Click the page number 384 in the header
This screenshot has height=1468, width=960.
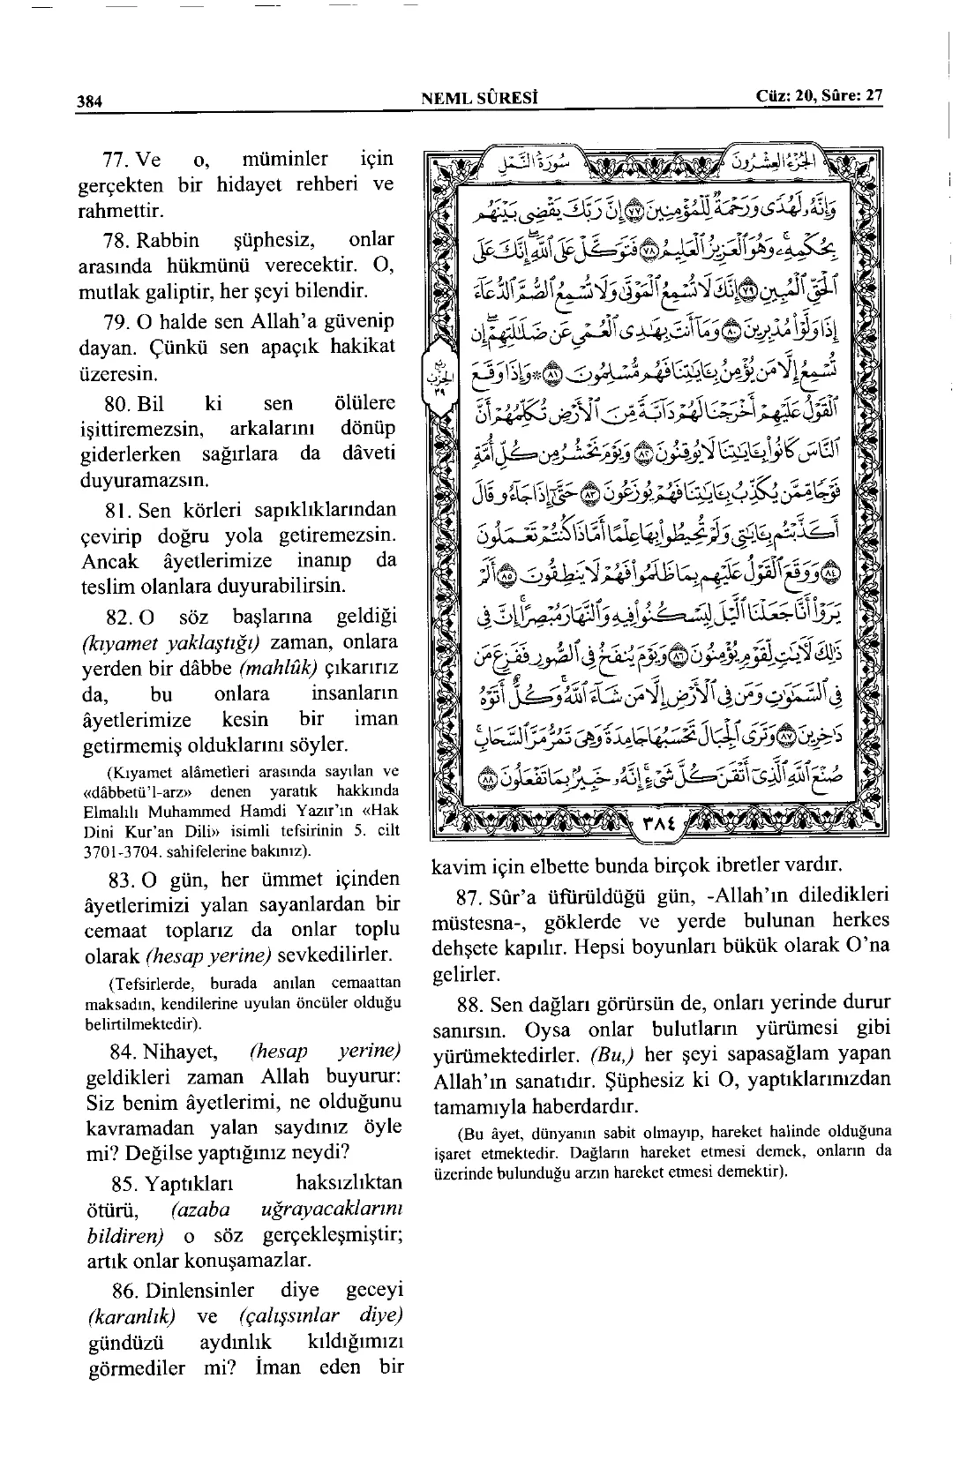tap(89, 101)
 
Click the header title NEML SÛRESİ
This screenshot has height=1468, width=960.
tap(481, 97)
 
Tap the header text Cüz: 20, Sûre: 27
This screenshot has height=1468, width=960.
tap(820, 96)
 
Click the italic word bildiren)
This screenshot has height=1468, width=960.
tap(126, 1235)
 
